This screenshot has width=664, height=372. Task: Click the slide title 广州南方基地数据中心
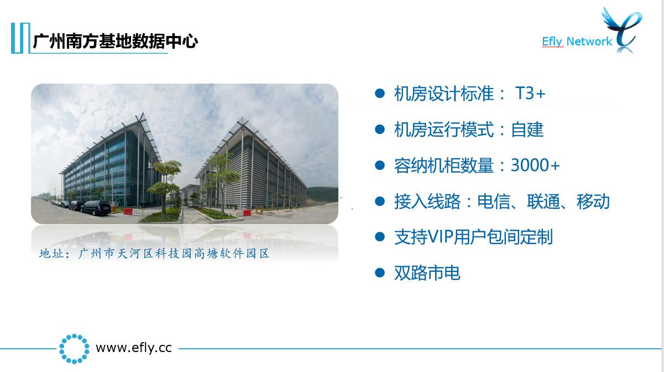point(116,41)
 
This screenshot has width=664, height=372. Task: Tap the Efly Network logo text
point(577,42)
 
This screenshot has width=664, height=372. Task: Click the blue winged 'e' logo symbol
point(623,30)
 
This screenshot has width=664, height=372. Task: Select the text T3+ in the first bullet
point(530,94)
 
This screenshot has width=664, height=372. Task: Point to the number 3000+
point(535,165)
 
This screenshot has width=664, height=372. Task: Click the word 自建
point(527,130)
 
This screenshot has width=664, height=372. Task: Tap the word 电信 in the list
point(494,201)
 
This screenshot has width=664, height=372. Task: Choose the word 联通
point(543,201)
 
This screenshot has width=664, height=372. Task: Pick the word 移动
point(593,201)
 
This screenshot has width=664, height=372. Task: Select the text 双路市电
point(427,273)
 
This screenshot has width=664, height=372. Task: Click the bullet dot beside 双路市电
point(380,272)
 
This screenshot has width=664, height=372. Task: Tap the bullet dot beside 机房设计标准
point(380,93)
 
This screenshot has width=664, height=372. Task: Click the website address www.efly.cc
point(134,348)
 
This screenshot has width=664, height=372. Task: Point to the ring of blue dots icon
point(74,349)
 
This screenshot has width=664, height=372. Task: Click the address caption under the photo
point(154,254)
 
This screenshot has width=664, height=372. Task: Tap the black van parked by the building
point(96,208)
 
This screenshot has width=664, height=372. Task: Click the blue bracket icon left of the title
point(20,38)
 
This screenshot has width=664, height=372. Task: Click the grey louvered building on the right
point(252,166)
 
